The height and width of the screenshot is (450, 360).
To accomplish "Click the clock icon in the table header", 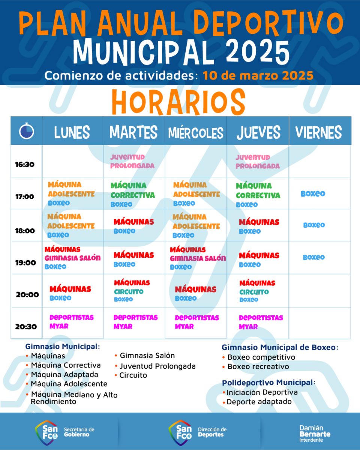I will (27, 131).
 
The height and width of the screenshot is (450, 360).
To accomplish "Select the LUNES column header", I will (72, 132).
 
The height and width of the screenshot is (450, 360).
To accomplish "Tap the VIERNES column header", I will (318, 132).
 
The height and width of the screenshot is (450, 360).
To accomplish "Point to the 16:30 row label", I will (25, 164).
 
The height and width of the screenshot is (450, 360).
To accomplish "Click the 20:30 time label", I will (26, 326).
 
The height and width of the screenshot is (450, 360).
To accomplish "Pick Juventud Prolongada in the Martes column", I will (132, 161).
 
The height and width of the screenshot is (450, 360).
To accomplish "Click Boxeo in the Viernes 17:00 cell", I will (313, 193).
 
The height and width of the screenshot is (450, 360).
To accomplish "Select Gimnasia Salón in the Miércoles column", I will (198, 258).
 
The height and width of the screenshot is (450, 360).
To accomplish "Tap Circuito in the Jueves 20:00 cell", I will (254, 292).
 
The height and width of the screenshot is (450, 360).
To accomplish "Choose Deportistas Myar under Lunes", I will (71, 321).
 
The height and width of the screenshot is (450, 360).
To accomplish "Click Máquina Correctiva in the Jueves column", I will (258, 190).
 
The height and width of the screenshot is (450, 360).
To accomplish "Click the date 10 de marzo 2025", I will (258, 75).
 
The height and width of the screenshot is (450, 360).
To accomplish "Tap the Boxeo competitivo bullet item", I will (261, 357).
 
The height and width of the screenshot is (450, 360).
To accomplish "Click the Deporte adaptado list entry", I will (259, 402).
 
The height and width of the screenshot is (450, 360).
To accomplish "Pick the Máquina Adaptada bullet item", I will (64, 374).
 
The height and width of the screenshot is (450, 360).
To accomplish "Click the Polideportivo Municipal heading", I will (268, 383).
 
